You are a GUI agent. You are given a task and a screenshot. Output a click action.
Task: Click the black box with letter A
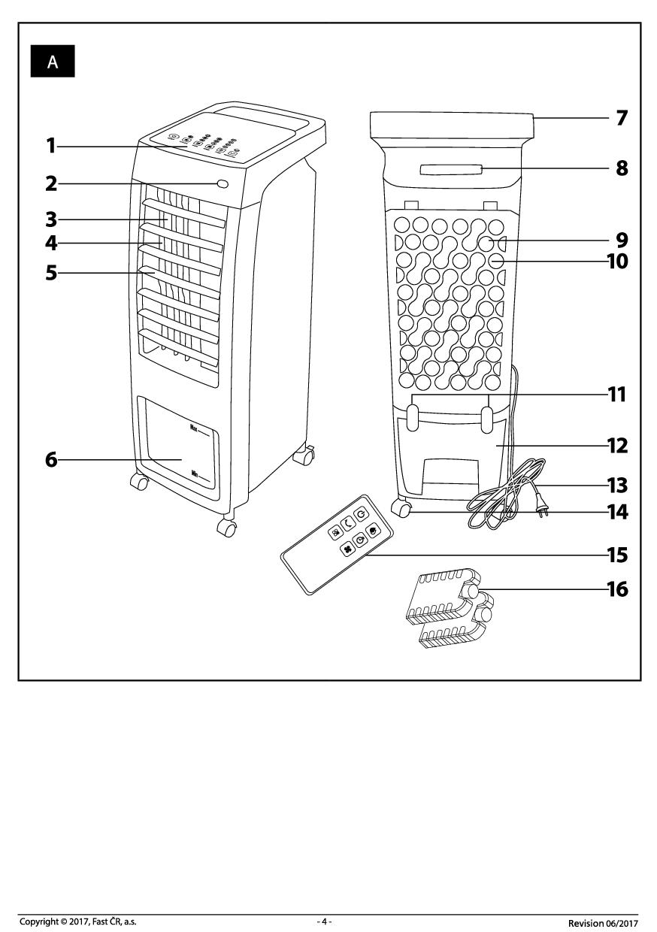[x=53, y=62]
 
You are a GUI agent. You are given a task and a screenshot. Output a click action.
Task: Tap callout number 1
[x=50, y=145]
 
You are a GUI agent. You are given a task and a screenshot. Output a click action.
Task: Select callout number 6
[x=50, y=458]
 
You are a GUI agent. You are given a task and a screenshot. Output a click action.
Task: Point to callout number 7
[x=622, y=118]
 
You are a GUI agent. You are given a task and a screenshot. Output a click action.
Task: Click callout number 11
[x=617, y=394]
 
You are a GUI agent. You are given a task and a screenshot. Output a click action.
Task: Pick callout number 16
[x=617, y=589]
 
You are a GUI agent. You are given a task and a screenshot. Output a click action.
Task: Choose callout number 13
[x=617, y=485]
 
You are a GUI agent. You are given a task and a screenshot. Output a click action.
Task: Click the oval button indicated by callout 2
[x=223, y=183]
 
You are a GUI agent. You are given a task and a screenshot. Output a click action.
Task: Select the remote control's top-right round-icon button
[x=362, y=513]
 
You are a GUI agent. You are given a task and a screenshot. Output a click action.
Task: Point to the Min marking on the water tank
[x=195, y=474]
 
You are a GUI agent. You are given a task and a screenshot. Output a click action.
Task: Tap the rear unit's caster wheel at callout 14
[x=404, y=512]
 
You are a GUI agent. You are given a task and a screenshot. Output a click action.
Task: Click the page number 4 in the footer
[x=324, y=921]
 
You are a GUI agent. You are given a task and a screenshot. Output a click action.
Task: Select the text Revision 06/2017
[x=603, y=922]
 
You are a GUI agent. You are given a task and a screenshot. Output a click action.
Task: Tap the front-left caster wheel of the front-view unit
[x=139, y=482]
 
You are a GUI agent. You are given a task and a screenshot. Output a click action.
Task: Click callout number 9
[x=622, y=240]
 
